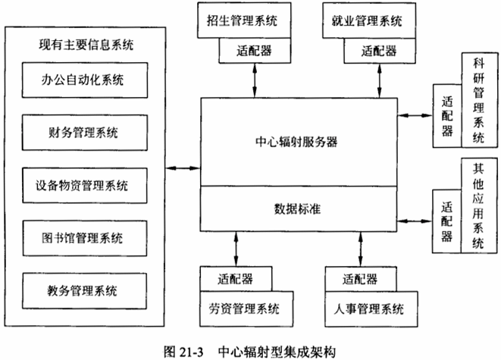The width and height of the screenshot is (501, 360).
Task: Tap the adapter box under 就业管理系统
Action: [x=378, y=52]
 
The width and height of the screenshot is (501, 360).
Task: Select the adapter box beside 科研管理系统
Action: [x=446, y=117]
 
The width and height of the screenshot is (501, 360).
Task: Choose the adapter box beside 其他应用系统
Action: [x=446, y=220]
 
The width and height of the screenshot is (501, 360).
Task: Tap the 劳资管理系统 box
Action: [x=244, y=308]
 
